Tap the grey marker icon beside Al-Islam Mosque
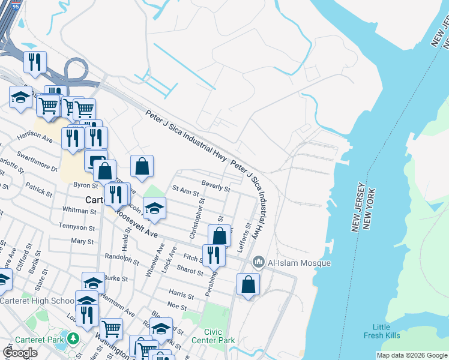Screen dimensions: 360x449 point(259,262)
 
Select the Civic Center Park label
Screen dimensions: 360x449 point(219,335)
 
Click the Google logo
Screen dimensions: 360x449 point(20,353)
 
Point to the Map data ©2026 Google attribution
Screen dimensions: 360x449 point(412,355)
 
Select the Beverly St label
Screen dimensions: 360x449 point(216,187)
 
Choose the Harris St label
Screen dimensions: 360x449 point(181,296)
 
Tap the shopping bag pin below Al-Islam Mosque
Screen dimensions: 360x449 point(248,285)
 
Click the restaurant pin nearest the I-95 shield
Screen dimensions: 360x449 point(35,61)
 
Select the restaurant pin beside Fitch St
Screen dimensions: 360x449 point(214,255)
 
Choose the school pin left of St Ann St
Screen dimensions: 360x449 point(155,208)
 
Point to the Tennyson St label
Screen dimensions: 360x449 point(77,227)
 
